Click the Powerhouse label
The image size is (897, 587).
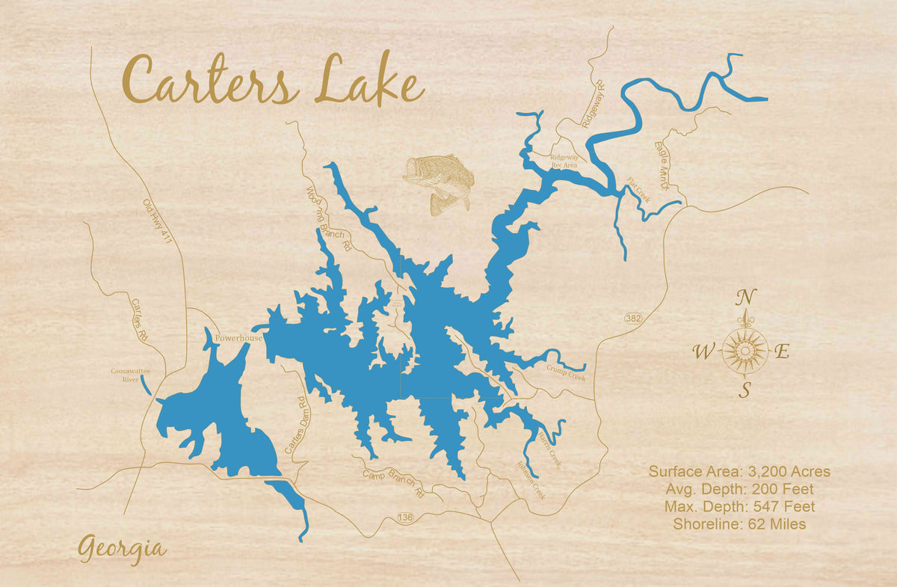coord(238,338)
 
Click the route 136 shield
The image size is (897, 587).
coord(405,517)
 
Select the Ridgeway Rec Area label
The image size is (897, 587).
coord(564,162)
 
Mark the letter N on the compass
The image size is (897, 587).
coord(745,298)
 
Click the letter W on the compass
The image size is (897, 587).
coord(704,352)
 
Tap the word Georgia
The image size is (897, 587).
coord(122,549)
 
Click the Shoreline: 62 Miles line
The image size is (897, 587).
coord(739,524)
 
